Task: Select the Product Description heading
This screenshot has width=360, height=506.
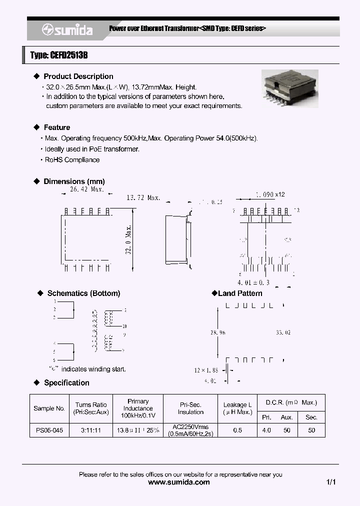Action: (78, 76)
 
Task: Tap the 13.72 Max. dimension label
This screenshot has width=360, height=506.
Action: (143, 198)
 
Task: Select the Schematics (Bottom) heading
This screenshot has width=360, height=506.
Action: (83, 293)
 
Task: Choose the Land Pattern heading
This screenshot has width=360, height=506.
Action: (239, 293)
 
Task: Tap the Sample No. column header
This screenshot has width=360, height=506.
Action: (49, 408)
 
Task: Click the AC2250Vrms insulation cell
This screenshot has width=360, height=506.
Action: (190, 430)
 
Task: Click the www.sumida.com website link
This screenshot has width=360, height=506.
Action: (180, 482)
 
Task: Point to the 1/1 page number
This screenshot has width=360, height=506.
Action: (330, 482)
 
